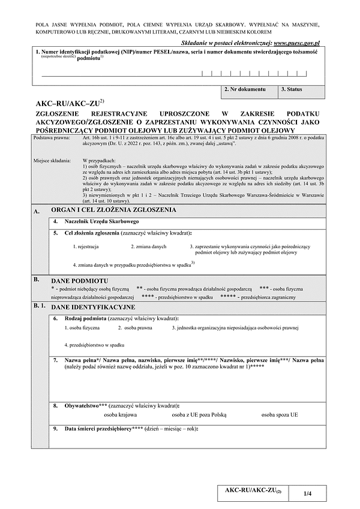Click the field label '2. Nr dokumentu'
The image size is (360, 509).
coord(244,89)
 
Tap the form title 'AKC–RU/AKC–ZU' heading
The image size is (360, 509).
coord(68,103)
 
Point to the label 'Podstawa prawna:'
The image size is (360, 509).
coord(52,138)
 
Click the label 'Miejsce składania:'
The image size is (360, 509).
coord(53,161)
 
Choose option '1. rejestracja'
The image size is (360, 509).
coord(86,246)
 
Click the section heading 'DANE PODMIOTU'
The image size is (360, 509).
coord(80,280)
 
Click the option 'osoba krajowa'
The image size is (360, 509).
coord(120,414)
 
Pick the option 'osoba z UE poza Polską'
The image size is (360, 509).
coord(199,414)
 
